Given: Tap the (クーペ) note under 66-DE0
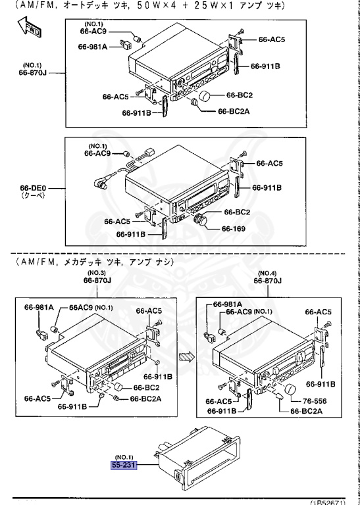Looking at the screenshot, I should tap(30, 196).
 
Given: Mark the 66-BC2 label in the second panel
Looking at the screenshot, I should tap(238, 212).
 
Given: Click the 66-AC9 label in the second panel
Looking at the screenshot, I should tap(98, 153).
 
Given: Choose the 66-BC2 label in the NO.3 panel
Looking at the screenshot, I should tap(138, 387).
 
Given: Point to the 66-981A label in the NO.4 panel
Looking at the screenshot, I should tap(227, 304).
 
